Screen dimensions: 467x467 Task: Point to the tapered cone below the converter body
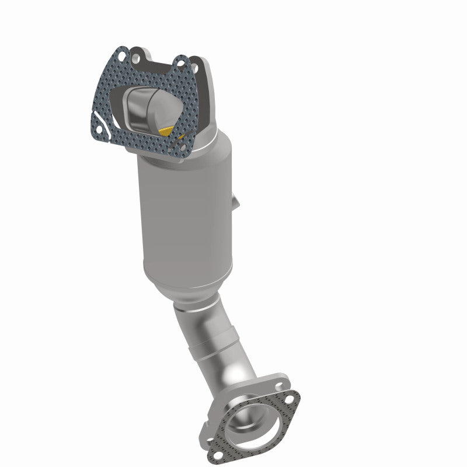click(193, 286)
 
